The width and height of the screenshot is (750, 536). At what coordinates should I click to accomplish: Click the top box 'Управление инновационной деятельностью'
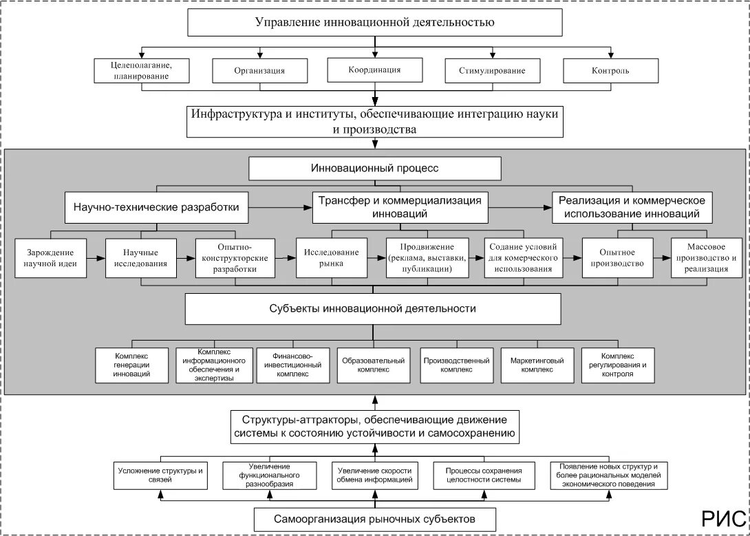point(374,22)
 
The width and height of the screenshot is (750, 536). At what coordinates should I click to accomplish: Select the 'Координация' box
point(374,69)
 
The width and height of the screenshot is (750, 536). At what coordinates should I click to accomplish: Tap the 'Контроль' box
point(610,71)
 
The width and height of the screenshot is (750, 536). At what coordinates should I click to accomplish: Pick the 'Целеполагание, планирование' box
point(142,71)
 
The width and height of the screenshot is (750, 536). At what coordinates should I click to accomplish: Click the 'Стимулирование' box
point(492,71)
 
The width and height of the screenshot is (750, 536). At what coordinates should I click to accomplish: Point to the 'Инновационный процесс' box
point(374,169)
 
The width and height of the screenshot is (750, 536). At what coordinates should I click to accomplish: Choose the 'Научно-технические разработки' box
point(156,208)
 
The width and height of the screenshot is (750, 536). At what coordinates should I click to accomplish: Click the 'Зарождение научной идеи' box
point(50,258)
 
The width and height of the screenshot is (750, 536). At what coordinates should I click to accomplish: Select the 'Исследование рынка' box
point(332,258)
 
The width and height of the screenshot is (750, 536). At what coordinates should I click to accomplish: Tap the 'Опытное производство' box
point(617,258)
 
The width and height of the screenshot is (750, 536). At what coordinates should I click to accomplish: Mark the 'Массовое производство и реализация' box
point(706,258)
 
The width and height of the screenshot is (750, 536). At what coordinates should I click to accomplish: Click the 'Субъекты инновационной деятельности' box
point(373,309)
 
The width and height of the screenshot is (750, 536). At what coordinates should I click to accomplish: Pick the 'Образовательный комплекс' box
point(374,365)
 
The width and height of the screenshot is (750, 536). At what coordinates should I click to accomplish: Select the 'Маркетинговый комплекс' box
point(537,365)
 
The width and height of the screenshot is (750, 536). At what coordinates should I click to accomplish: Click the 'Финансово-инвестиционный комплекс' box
point(292,365)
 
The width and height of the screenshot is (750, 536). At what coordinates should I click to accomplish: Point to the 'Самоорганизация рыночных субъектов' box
point(374,519)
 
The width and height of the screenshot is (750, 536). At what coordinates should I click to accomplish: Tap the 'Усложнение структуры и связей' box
point(160,475)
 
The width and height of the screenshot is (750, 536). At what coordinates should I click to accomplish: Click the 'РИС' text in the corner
point(723,519)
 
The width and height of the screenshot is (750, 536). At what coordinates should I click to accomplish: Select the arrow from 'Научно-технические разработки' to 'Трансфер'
point(280,208)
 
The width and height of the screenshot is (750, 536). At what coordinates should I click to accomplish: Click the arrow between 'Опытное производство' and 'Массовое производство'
point(662,258)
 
